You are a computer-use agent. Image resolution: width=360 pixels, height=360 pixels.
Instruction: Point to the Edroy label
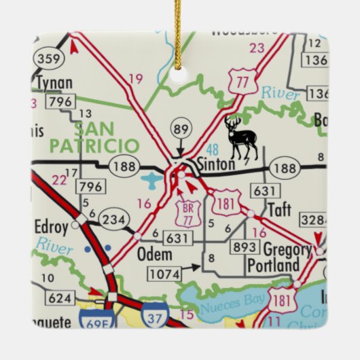click(52, 226)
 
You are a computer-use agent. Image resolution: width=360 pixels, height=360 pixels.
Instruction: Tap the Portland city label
click(273, 265)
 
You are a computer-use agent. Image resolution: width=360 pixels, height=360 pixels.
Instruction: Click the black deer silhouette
click(241, 137)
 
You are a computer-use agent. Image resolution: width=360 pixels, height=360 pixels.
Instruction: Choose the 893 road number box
click(245, 247)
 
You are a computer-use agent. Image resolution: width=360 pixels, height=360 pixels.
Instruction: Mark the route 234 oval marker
click(112, 219)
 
